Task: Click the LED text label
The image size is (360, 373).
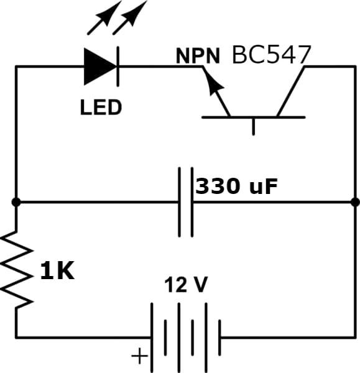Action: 101,108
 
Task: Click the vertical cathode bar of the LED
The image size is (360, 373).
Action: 118,67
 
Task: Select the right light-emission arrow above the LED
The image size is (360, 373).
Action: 130,17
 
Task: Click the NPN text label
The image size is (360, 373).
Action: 198,56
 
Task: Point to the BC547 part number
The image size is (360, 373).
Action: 271,55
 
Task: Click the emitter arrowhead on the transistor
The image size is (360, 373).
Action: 214,85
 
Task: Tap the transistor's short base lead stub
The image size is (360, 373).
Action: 254,127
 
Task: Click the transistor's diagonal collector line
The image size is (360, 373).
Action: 291,92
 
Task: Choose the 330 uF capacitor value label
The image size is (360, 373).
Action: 236,186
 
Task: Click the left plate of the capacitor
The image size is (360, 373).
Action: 180,202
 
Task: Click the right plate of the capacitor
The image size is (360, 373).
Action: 192,202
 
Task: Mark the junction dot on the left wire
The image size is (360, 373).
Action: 16,202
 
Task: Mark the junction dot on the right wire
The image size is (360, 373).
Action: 355,202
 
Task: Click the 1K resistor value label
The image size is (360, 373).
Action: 57,271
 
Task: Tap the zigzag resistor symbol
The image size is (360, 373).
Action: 16,270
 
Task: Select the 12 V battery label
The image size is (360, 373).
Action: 186,284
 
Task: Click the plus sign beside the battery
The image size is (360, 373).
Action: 139,356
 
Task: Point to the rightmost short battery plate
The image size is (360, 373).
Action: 219,338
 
